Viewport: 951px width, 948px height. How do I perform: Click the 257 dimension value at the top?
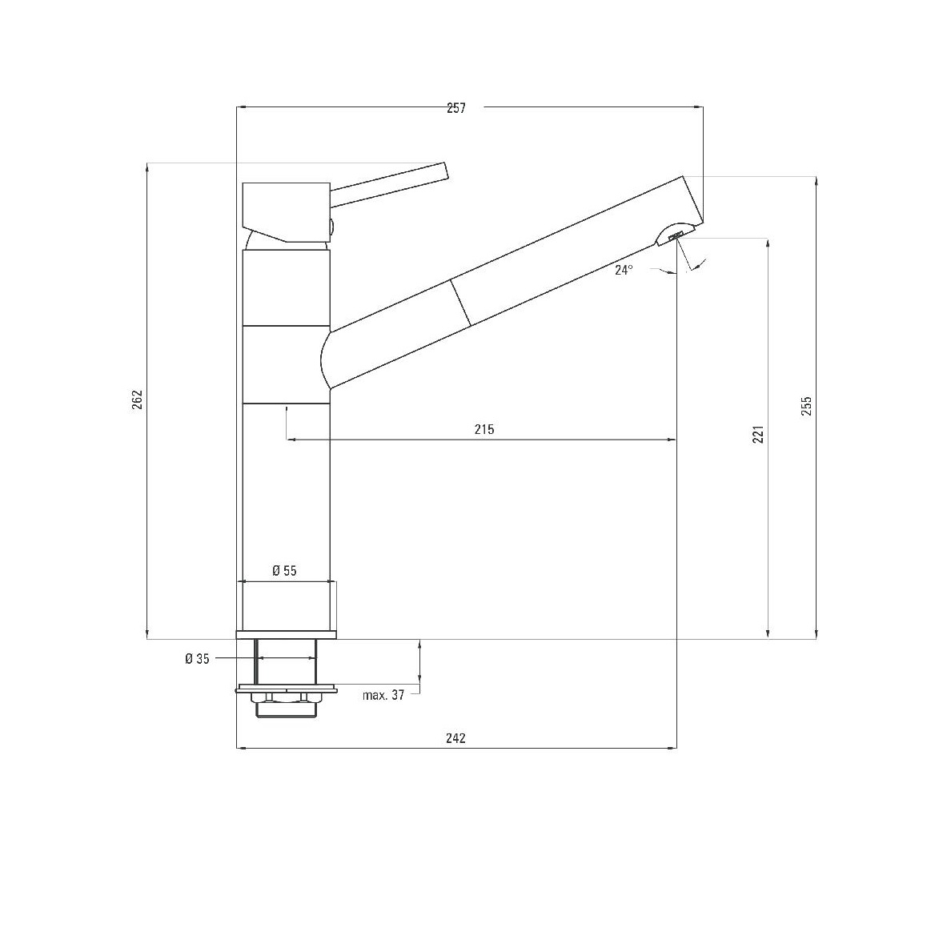456,108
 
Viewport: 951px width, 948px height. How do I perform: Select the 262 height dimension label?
137,399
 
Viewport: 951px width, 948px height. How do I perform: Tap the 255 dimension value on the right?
806,406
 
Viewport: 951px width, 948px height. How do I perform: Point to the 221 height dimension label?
758,434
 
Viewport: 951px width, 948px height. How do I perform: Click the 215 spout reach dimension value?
484,429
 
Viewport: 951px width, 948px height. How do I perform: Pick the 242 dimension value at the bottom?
455,738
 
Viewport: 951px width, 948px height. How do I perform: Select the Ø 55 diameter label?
284,570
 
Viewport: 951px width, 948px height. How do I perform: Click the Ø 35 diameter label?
197,659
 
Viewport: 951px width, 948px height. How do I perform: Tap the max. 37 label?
383,695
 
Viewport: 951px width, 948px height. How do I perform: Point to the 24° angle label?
624,270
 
